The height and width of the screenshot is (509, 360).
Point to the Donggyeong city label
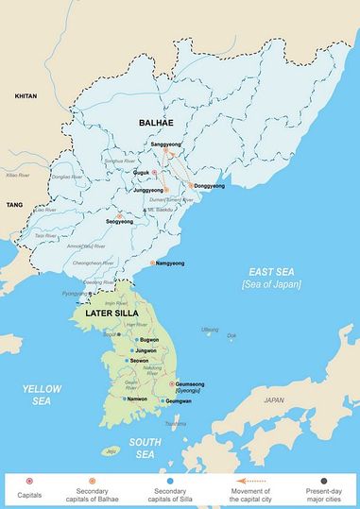coord(209,186)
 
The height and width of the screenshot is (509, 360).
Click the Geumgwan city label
coord(182,400)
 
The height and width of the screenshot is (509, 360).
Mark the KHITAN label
coord(25,97)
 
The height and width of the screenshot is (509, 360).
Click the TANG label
coord(13,204)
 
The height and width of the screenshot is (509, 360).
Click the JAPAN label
coord(273,400)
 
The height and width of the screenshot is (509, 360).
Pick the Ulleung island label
coord(210,330)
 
